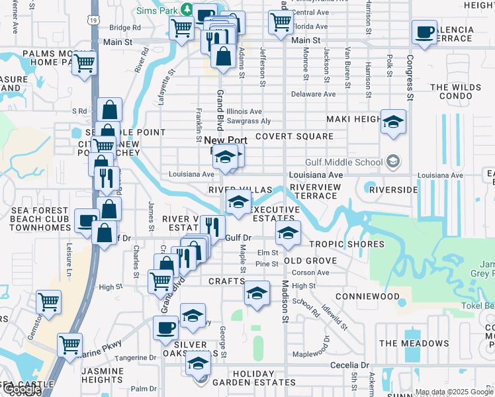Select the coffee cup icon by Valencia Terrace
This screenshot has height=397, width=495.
point(424,32)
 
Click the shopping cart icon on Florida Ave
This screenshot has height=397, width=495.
point(281,22)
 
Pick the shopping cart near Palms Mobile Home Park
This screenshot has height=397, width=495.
point(84,64)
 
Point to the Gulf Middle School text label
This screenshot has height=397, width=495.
point(343,162)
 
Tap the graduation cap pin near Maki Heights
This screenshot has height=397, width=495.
point(393,122)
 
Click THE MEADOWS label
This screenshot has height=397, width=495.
point(414,343)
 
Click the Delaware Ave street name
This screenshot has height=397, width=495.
point(314,95)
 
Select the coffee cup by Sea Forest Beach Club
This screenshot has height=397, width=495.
point(86,220)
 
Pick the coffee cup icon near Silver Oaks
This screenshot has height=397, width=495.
point(165,328)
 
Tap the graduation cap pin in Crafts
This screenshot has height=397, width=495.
point(257,293)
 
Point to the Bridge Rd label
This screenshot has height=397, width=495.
point(125,28)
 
